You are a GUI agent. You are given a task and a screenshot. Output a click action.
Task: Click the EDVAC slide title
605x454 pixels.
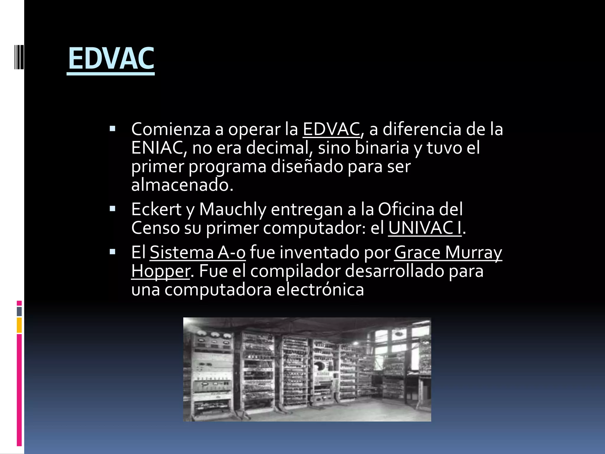[x=111, y=59]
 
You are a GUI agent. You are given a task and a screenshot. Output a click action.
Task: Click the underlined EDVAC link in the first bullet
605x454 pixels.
[x=331, y=129]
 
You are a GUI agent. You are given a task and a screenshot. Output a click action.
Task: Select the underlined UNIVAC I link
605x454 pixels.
[x=425, y=228]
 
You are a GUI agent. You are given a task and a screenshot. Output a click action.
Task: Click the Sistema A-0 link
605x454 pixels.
[x=198, y=252]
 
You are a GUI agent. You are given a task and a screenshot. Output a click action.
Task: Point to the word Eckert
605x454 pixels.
[x=156, y=209]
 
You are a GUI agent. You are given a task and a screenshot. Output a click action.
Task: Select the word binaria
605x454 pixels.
[x=382, y=148]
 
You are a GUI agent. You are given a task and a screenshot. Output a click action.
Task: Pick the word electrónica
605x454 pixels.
[x=320, y=290]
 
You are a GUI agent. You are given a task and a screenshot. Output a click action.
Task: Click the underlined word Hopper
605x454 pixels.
[x=161, y=271]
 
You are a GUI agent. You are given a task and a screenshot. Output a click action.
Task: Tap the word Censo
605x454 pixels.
[x=155, y=228]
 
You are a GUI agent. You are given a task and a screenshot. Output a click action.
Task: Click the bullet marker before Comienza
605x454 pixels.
[x=112, y=129]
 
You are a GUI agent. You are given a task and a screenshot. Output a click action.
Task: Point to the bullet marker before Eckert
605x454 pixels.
[x=112, y=209]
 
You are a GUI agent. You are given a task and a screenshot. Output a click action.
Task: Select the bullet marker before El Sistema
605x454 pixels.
[x=112, y=252]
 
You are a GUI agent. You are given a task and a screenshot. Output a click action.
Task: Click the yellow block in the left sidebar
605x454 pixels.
[x=19, y=325]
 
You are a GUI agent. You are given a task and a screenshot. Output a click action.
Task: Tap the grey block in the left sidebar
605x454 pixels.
[x=19, y=311]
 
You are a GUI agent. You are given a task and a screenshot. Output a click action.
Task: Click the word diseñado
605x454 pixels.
[x=307, y=166]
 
